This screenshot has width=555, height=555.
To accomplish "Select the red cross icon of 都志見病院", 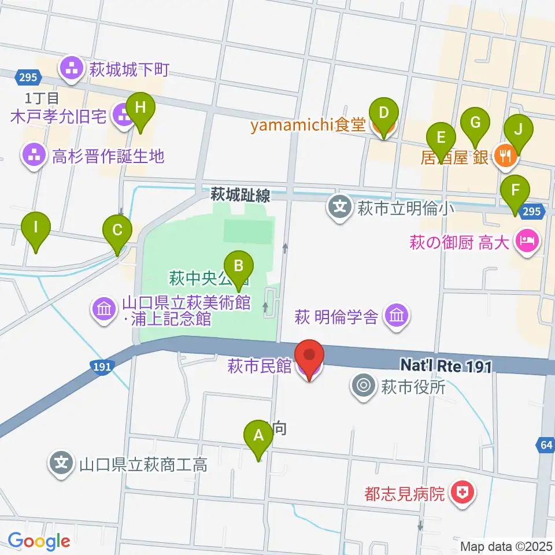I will (463, 493).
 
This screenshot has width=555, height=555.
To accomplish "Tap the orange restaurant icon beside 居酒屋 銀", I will (505, 156).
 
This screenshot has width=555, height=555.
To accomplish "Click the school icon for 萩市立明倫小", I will (341, 206).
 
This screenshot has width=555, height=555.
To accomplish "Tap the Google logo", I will (39, 541).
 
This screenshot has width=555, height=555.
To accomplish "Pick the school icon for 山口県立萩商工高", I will (62, 463).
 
